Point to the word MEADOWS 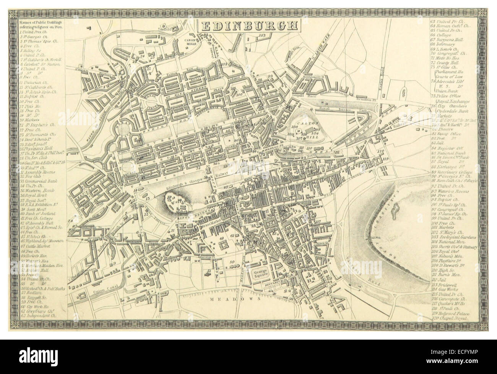point(234,300)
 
